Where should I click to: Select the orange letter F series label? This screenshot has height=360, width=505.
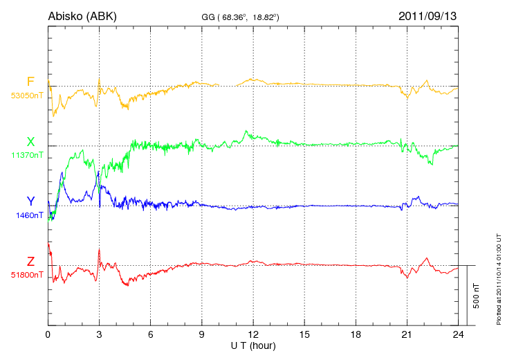(30, 82)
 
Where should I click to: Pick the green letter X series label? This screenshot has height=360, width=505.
(30, 142)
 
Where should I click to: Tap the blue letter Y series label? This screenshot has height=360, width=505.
(30, 201)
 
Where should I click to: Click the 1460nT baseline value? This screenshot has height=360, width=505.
(30, 215)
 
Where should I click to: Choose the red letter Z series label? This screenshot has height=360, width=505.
(30, 262)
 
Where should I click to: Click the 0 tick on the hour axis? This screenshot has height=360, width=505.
(48, 334)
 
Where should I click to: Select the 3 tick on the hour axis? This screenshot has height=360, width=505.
(99, 334)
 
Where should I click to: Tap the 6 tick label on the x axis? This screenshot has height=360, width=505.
(150, 334)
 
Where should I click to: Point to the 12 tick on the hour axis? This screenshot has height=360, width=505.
(252, 334)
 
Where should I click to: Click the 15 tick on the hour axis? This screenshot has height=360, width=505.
(304, 334)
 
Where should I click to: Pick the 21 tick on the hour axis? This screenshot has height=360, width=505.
(406, 334)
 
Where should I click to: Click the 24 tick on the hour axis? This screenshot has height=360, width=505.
(457, 334)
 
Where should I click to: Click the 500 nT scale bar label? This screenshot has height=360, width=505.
(476, 295)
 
